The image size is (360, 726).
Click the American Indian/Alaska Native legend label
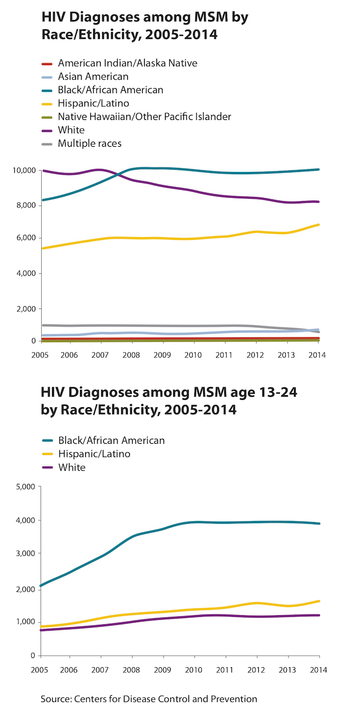point(127,63)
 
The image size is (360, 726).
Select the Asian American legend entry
point(93,77)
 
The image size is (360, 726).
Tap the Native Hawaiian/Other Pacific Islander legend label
point(144,117)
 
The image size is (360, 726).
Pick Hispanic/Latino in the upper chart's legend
point(93,103)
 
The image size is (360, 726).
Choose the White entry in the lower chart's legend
point(71,467)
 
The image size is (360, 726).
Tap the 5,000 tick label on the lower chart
point(25,487)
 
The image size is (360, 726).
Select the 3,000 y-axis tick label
point(25,553)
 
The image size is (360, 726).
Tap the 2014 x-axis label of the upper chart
point(317,355)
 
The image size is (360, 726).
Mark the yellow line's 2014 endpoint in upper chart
point(318,224)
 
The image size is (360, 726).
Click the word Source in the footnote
point(54,699)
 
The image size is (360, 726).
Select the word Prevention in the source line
point(235,699)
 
